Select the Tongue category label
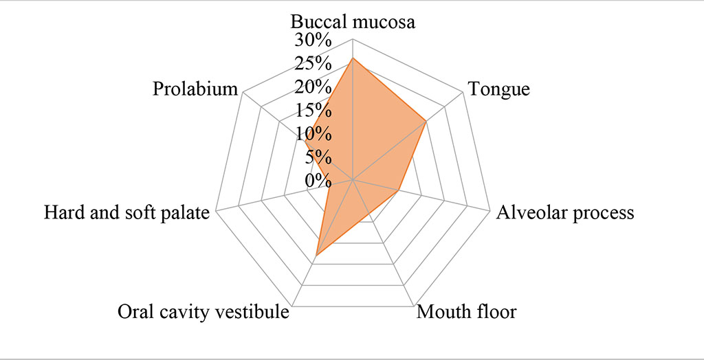(498, 89)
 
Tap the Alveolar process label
(565, 212)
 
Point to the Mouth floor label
(467, 313)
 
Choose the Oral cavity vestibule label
(202, 313)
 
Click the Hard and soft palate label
(126, 212)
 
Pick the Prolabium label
(196, 89)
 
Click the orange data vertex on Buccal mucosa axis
(352, 58)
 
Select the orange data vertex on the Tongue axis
(426, 122)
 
